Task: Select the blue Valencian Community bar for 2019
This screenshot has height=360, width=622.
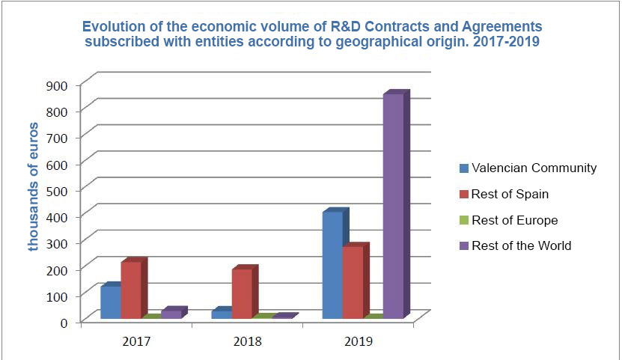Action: coord(332,266)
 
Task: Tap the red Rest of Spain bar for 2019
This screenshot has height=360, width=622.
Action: coord(353,282)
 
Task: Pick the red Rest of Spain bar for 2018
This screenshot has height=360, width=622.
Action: coord(242,293)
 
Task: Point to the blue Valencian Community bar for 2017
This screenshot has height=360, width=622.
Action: coord(110,302)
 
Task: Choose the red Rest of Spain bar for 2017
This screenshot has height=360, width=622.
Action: coord(130,290)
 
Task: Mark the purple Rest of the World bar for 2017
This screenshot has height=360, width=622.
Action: coord(171,314)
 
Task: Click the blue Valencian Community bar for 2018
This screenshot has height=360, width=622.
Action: coord(221,314)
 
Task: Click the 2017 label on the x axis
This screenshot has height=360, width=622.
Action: coord(135,341)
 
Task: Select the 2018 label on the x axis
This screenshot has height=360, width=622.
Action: coord(248,341)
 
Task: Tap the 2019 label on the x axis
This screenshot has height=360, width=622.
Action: coord(359,341)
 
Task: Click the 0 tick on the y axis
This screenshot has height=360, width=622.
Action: coord(64,322)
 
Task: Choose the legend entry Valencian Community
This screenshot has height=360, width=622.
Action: coord(534,168)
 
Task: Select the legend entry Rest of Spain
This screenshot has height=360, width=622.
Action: coord(510,194)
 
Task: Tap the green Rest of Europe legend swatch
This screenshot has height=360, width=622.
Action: coord(463,220)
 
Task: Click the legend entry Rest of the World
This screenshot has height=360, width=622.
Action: coord(521,245)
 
